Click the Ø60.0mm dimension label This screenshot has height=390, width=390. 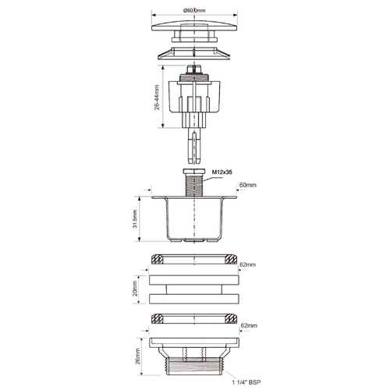[194, 10]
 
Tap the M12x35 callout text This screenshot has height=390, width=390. [222, 172]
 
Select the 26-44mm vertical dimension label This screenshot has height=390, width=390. [157, 97]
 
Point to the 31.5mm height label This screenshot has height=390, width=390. [135, 218]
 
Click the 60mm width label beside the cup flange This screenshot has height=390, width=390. [248, 185]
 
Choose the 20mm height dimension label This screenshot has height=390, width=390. [135, 288]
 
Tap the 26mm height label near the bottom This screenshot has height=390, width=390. [137, 356]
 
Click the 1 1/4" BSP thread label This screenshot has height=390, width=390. [246, 382]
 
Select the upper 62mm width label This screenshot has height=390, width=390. [247, 264]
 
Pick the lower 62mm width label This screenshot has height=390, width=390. [249, 325]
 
